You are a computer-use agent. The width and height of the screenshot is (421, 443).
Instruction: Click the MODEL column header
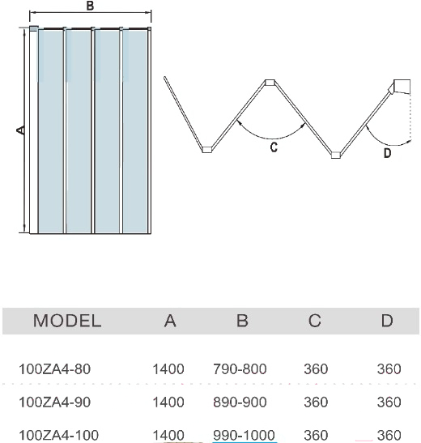[67, 321]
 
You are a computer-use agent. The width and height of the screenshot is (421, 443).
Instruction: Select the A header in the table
[170, 321]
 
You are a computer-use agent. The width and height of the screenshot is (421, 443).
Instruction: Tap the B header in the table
[242, 321]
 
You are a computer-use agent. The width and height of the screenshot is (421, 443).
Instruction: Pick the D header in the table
[387, 321]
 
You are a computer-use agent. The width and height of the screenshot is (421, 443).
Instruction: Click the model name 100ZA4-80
[54, 369]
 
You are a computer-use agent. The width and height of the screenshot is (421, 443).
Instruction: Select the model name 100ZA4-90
[54, 402]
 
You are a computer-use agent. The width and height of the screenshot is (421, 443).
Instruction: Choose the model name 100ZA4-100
[58, 435]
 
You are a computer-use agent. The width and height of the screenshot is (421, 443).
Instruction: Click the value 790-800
[240, 369]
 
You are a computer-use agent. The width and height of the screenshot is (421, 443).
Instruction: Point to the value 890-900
[240, 402]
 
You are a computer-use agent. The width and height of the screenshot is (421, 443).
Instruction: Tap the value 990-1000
[244, 435]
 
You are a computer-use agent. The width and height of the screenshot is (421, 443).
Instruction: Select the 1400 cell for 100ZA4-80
[168, 369]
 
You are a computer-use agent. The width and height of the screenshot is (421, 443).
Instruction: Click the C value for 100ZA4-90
[316, 402]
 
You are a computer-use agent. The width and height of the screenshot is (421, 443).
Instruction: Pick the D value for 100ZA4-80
[389, 369]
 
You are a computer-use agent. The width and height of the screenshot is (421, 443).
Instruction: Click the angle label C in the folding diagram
[274, 147]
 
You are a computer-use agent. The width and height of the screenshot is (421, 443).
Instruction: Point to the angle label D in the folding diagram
[387, 153]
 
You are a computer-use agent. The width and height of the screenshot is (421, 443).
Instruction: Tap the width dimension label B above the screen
[90, 6]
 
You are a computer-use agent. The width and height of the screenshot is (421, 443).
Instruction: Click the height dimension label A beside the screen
[20, 130]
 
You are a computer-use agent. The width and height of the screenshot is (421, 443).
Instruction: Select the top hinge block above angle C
[270, 83]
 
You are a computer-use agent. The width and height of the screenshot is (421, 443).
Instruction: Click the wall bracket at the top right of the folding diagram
[402, 87]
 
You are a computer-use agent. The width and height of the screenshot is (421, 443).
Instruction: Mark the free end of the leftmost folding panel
[165, 78]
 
